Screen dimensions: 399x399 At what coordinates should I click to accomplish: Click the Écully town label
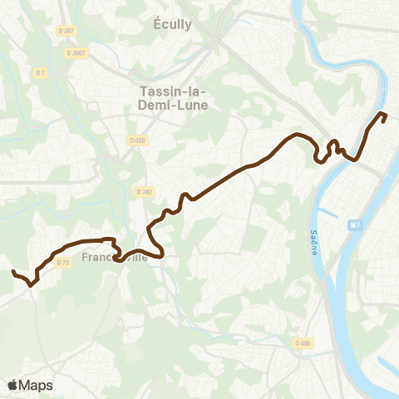[173, 24]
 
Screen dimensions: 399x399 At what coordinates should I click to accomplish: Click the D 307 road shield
[66, 30]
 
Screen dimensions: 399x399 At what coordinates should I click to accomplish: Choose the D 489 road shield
[137, 140]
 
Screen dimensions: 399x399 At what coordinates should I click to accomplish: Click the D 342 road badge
[143, 192]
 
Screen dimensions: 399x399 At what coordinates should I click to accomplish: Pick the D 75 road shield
[63, 263]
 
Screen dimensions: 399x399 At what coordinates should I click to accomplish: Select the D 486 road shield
[303, 342]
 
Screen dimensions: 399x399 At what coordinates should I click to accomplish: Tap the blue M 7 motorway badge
[356, 224]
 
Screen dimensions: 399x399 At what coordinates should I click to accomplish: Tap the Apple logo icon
[13, 385]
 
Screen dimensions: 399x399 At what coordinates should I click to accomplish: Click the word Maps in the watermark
[36, 385]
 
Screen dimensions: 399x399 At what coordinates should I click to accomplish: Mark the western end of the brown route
[12, 272]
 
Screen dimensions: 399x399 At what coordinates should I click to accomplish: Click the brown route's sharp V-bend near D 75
[31, 284]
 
